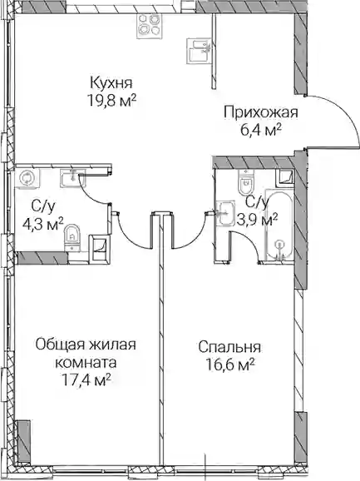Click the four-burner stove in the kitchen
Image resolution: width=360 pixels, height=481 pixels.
click(x=148, y=26)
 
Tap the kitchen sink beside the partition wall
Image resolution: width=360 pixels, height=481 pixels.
click(x=200, y=52)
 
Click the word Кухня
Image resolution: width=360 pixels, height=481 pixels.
click(x=111, y=83)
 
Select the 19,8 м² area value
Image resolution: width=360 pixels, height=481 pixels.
click(x=112, y=101)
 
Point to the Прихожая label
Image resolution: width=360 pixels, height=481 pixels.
click(x=261, y=113)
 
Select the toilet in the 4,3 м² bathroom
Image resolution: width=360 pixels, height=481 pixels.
click(x=72, y=237)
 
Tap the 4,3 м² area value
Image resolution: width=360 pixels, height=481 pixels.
click(x=43, y=226)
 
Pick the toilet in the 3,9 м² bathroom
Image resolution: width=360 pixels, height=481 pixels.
click(x=247, y=182)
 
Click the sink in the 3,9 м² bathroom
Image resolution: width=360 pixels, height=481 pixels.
click(x=225, y=213)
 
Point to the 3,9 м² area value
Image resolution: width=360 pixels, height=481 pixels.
click(x=258, y=221)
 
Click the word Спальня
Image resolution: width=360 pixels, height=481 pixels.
click(x=229, y=348)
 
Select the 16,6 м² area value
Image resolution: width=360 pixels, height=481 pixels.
click(x=229, y=365)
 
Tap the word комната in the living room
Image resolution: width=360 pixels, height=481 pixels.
click(x=86, y=363)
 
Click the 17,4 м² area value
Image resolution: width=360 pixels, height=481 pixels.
click(x=86, y=380)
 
